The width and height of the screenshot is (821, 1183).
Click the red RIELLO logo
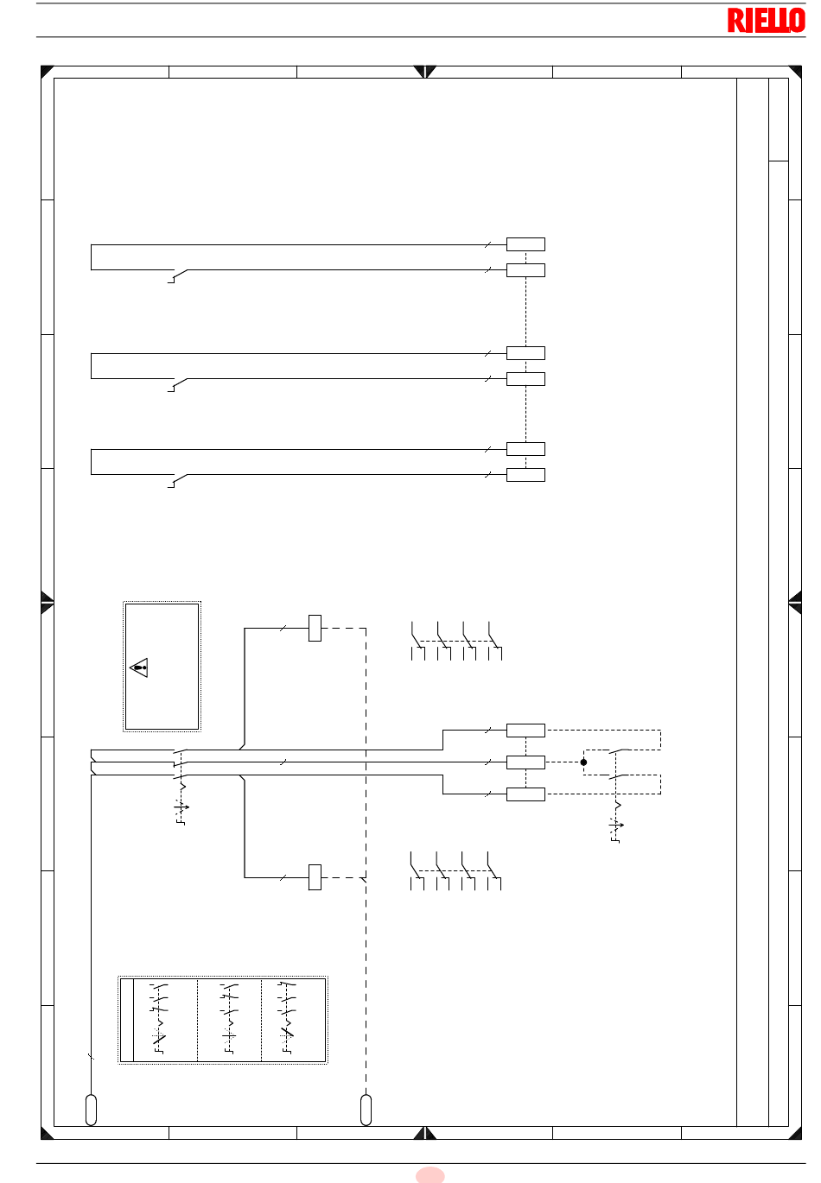point(766,20)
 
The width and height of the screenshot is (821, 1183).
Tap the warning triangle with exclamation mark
point(138,667)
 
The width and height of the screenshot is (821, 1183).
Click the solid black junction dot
point(583,762)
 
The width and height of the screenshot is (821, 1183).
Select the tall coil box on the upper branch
point(315,628)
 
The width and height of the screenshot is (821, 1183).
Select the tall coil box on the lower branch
point(315,877)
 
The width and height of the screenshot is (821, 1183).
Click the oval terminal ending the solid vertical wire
point(91,1110)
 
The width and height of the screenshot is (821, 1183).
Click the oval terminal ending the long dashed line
point(366,1110)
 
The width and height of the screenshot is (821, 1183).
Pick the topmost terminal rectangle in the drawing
point(525,244)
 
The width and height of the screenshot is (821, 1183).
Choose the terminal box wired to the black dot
point(525,762)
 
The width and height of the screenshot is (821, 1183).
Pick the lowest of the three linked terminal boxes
point(525,794)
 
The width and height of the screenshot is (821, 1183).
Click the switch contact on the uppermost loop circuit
point(178,275)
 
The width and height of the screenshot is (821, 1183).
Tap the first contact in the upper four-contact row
point(417,641)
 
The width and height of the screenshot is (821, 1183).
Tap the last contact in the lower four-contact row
point(493,871)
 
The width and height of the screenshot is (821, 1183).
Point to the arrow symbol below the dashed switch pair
point(616,825)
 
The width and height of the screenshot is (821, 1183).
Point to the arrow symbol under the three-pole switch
point(181,807)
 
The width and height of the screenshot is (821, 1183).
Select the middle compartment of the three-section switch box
point(229,1020)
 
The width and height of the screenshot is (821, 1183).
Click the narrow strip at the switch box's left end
point(127,1020)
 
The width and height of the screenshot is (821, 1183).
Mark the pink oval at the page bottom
point(430,1175)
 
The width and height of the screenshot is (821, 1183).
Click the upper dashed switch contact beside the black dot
point(619,751)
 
